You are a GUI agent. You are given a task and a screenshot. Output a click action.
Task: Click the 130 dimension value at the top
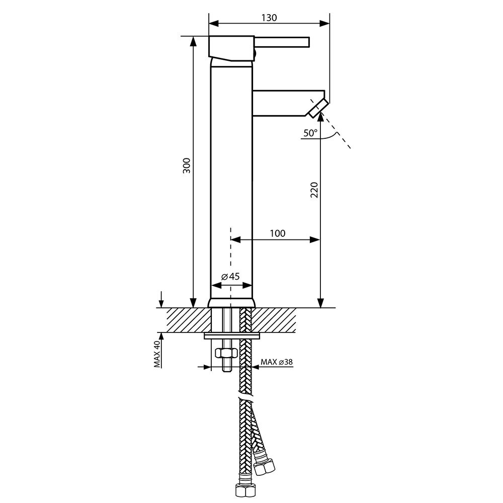point(269,18)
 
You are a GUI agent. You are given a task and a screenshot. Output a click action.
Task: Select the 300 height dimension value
point(187,165)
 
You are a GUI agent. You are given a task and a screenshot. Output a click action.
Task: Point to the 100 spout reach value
point(278,233)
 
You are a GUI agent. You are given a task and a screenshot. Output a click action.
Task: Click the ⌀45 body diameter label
point(230,277)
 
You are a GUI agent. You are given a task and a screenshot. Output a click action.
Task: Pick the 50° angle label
point(310,133)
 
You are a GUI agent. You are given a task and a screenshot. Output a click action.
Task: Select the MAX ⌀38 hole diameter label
point(277,362)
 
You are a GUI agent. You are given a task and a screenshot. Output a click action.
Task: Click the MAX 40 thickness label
point(157,354)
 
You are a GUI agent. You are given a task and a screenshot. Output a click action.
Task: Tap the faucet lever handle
point(282,42)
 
